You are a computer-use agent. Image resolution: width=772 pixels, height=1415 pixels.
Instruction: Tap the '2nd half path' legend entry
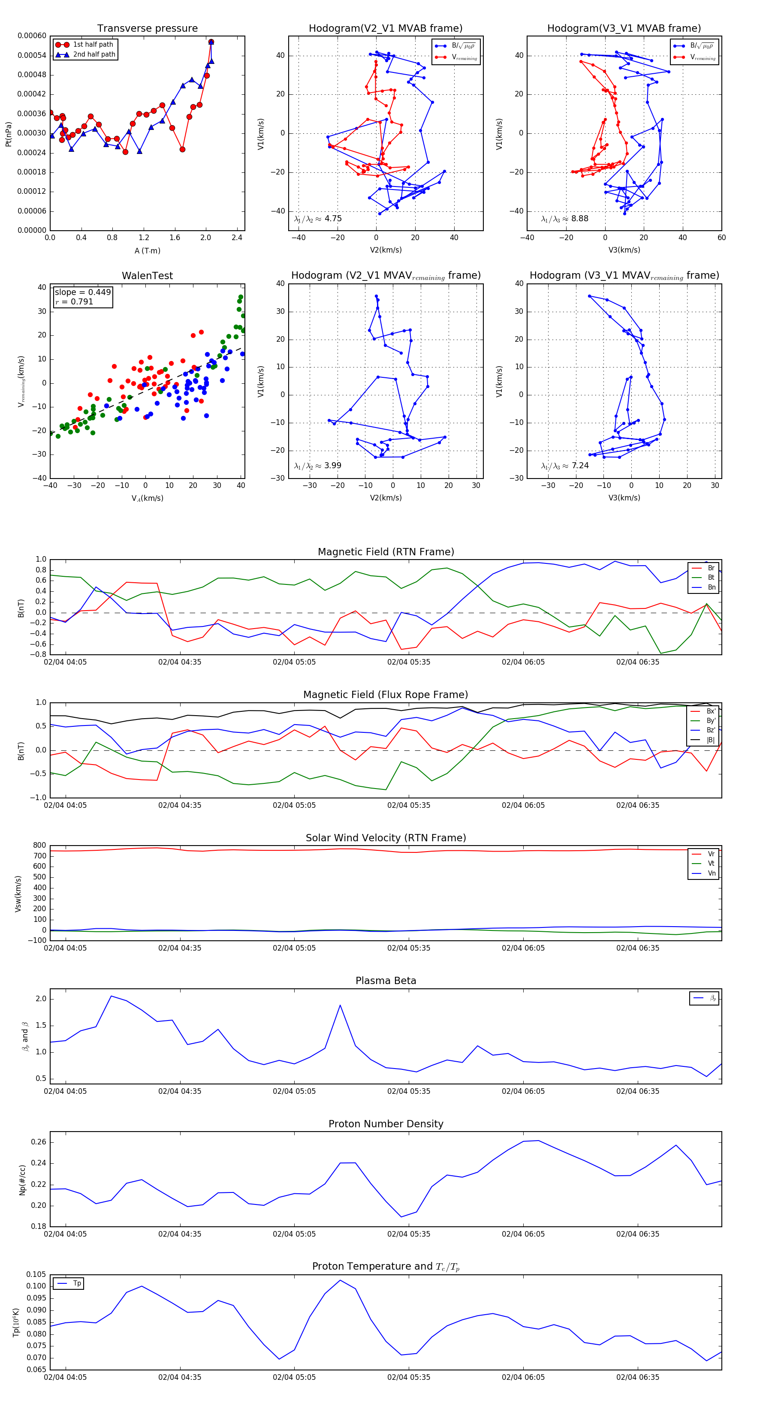pos(94,54)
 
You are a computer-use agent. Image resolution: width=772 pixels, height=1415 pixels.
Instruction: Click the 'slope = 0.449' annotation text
pos(82,292)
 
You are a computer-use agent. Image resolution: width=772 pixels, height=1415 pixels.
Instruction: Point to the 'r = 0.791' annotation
pos(74,301)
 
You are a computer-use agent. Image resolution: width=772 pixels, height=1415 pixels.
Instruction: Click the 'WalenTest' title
pos(147,276)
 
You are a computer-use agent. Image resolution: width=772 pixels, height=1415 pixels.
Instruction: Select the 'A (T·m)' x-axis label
pos(147,250)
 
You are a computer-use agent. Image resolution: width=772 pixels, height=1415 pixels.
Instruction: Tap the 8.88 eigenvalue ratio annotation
pos(565,219)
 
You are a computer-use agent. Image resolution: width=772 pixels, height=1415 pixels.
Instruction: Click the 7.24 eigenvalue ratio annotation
pos(565,466)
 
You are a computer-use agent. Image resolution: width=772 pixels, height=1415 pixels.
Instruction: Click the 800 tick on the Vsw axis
pos(39,846)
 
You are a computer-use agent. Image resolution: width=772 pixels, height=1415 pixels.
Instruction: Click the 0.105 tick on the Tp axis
pos(36,1274)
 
